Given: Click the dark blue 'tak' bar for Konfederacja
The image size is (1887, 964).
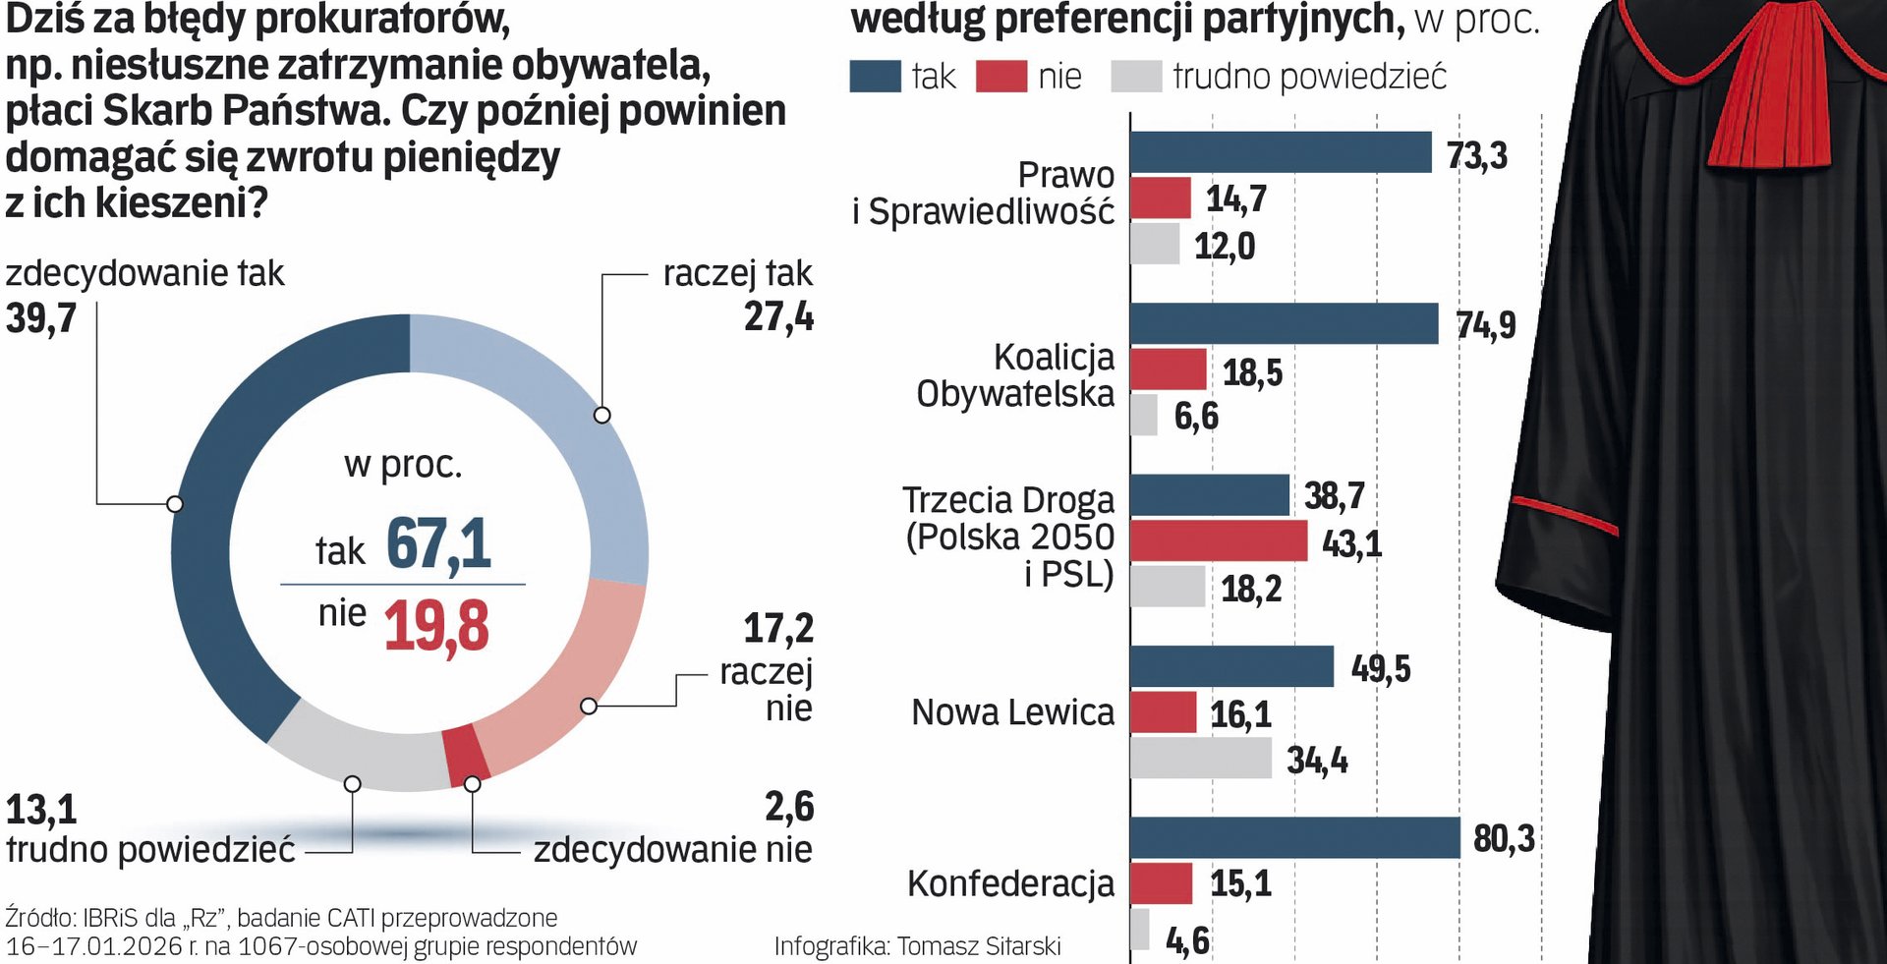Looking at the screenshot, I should (x=1294, y=838).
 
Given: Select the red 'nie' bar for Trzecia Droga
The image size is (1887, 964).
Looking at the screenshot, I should (x=1219, y=541).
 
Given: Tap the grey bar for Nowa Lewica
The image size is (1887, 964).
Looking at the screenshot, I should (x=1200, y=759).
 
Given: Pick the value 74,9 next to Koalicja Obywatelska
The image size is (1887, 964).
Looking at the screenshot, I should (x=1485, y=325).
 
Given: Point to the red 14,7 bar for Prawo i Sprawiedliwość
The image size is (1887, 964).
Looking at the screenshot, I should (x=1161, y=198).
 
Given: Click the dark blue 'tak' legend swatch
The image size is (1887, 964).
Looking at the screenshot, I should (x=875, y=77).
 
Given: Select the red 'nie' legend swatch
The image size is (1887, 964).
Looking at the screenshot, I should (x=1001, y=77).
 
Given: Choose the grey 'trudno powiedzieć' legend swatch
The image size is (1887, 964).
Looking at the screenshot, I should (x=1136, y=77).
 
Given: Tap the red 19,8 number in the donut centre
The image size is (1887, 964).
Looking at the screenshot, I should (x=435, y=626).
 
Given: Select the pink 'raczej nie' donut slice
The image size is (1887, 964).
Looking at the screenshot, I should (x=570, y=678).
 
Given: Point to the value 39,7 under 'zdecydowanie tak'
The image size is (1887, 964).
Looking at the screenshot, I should (x=41, y=318).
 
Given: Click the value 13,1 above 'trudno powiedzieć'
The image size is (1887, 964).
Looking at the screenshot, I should (x=41, y=810).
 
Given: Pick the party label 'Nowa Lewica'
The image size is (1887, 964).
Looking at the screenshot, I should (x=1012, y=712).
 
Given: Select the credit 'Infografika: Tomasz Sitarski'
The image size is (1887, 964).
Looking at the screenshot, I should (x=917, y=946).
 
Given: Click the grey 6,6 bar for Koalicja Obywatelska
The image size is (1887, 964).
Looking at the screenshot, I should (x=1144, y=416).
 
